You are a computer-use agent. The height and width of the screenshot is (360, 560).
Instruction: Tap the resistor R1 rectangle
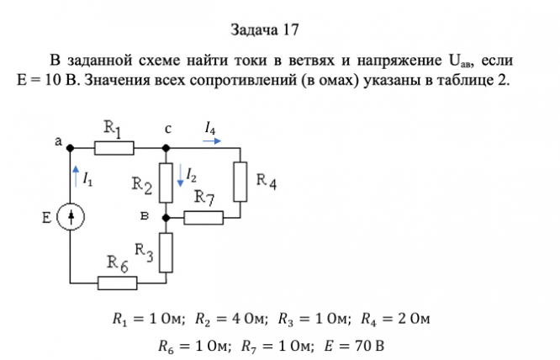(114, 148)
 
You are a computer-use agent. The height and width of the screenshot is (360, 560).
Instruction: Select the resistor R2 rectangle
(166, 183)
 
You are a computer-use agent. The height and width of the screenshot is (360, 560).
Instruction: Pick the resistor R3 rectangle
(166, 251)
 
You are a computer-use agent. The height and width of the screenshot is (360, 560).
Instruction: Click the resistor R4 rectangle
(240, 181)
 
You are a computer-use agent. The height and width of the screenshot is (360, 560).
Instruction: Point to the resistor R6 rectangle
(117, 283)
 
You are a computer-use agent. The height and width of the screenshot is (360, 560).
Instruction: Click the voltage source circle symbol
(71, 218)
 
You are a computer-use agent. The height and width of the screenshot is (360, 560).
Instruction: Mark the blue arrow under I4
(213, 142)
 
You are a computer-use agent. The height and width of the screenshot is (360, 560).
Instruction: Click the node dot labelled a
(71, 148)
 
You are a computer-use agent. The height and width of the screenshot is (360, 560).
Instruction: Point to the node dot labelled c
(166, 148)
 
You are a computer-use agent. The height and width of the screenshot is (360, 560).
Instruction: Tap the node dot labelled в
(166, 218)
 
